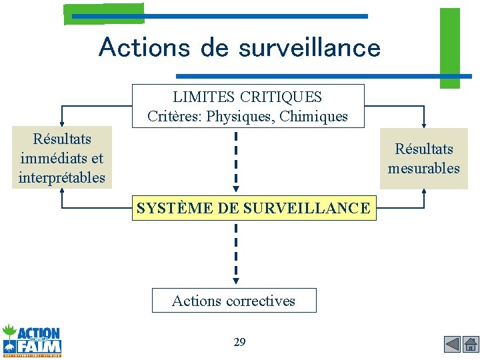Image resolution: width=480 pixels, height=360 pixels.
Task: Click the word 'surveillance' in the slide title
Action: (x=309, y=47)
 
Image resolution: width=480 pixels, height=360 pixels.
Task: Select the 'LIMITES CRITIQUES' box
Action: (x=248, y=106)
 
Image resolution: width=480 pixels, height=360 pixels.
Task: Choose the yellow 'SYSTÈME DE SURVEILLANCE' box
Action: (x=253, y=208)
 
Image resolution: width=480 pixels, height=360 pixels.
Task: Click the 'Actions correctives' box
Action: (x=234, y=301)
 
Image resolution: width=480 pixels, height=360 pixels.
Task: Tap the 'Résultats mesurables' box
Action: (x=424, y=159)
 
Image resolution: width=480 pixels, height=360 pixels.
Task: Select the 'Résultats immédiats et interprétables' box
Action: (x=62, y=159)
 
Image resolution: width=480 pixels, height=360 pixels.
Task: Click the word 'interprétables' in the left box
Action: (x=62, y=178)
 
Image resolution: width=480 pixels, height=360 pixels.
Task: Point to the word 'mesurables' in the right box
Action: (x=424, y=168)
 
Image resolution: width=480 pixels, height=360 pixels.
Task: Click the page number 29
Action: (x=239, y=342)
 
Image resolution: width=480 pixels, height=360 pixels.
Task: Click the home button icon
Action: (x=471, y=344)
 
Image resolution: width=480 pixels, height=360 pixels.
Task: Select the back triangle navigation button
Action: (x=453, y=344)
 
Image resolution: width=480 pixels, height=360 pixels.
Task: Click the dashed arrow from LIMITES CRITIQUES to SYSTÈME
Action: (x=236, y=161)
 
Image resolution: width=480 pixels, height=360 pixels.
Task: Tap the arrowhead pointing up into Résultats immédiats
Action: (x=62, y=191)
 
